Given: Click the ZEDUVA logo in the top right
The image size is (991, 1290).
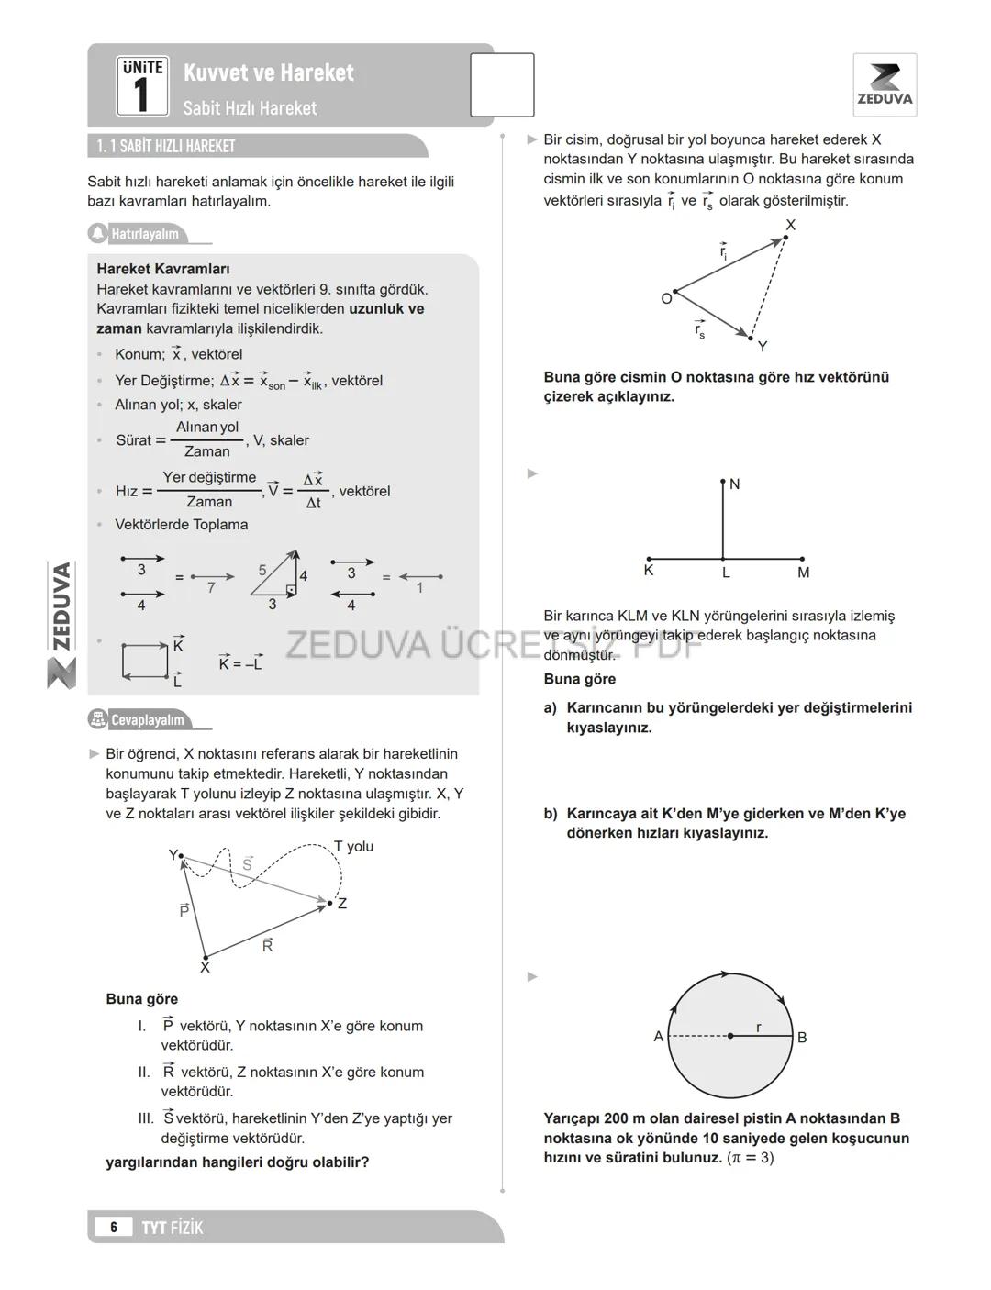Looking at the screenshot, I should coord(885,84).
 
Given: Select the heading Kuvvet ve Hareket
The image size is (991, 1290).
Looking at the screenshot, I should coord(268,72).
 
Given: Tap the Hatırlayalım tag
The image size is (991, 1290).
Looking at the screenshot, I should coord(144,234).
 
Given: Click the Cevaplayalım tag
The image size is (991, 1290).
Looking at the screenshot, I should coord(147,720).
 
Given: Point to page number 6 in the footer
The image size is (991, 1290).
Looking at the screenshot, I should coord(114,1228).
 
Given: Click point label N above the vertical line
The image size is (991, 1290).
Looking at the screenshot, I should coord(734,484).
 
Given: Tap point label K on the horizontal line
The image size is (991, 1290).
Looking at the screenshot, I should coord(649,572).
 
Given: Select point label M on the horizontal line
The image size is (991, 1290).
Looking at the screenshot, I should coord(804,573).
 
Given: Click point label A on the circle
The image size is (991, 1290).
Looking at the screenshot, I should coord(658,1037).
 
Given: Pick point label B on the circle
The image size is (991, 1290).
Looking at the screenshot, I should coord(802,1038).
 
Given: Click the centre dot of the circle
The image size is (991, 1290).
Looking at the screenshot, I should coord(730,1036).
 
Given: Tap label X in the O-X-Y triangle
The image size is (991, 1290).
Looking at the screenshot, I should coord(791,225).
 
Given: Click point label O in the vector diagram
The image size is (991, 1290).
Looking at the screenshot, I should coord(666,299).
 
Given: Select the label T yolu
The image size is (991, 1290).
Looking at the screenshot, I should coord(353,846).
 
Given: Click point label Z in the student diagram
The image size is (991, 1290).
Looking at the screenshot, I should coord(342,904).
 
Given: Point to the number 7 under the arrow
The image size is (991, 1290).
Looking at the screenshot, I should coord(211,588).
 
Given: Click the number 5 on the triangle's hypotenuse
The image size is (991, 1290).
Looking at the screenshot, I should coord(262,571).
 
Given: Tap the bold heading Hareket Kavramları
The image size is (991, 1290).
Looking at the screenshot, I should coord(163,269).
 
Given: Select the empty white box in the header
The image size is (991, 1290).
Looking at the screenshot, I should coord(502,85).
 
